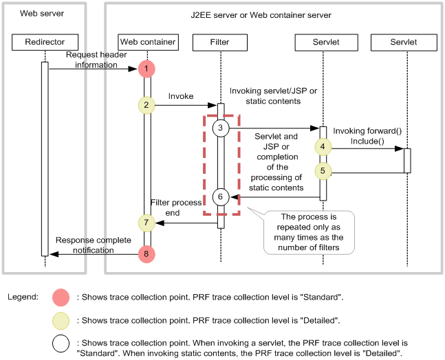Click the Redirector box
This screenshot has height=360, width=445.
(45, 42)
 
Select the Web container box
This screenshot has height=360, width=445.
(148, 42)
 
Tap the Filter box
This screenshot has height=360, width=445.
(220, 43)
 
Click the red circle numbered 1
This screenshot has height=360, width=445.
(146, 69)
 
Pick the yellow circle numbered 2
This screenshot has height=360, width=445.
(146, 105)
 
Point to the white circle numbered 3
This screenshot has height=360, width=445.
(221, 128)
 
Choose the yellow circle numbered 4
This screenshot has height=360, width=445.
(323, 147)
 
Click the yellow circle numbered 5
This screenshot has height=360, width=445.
(323, 171)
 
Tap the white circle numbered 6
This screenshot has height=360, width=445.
(221, 197)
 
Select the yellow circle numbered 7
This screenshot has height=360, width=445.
(146, 223)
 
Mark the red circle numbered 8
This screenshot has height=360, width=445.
(146, 254)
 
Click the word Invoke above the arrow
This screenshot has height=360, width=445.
(181, 96)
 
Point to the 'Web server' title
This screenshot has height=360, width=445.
(42, 13)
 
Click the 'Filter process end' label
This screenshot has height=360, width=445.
(176, 207)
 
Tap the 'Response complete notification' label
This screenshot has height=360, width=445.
(94, 245)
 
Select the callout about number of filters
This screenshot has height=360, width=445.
(309, 232)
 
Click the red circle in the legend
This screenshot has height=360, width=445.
(61, 297)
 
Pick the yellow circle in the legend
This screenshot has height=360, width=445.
(61, 321)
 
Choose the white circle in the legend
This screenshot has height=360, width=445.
(61, 344)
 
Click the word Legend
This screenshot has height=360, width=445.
(23, 297)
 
